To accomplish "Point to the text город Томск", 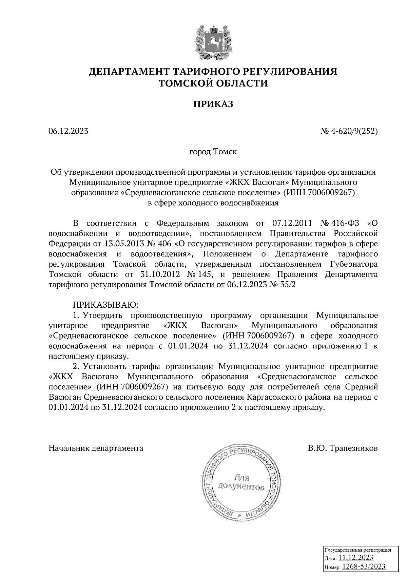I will (x=213, y=151).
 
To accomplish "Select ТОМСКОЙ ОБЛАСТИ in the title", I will (x=213, y=83).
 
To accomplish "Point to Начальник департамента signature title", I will (x=96, y=448).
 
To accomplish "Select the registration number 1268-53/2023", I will (x=364, y=566).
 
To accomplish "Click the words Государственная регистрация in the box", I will (x=358, y=550).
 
